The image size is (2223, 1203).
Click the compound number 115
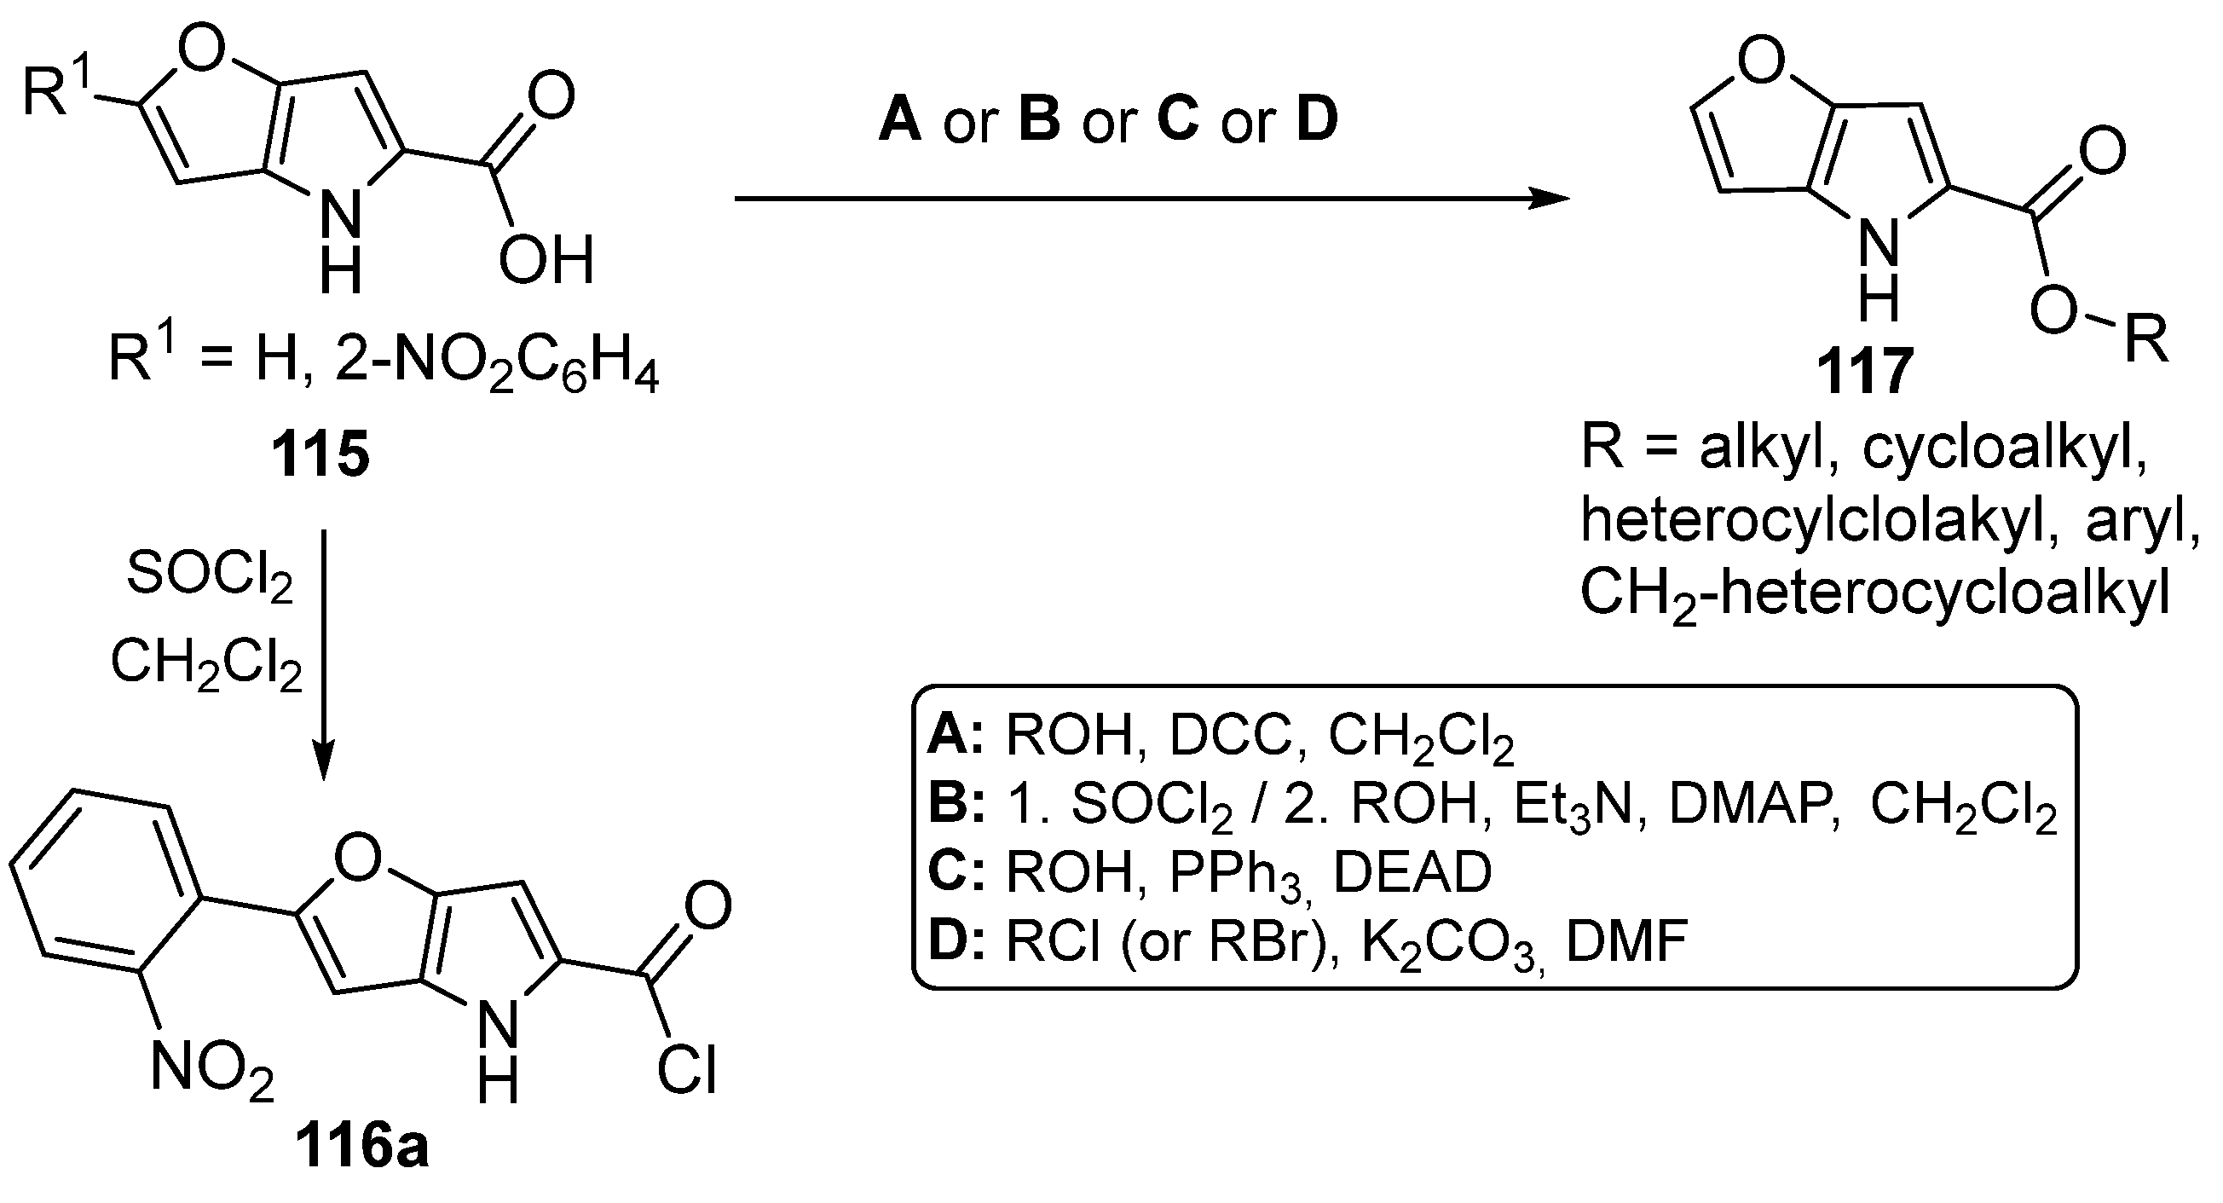tap(320, 454)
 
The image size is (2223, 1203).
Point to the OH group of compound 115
tap(546, 260)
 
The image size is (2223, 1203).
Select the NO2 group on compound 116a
tap(211, 1068)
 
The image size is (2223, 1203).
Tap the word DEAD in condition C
tap(1412, 872)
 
